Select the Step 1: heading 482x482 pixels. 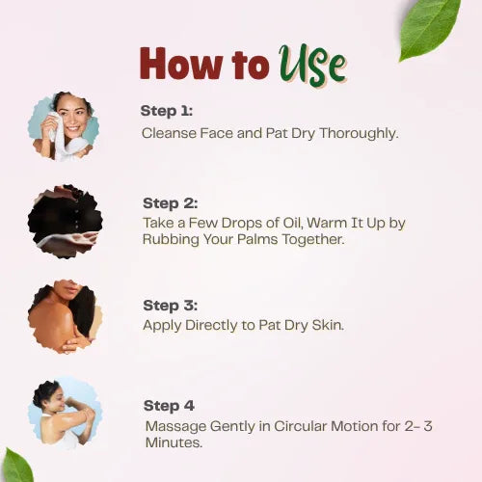point(167,111)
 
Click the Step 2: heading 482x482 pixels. point(171,203)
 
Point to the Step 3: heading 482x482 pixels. point(171,306)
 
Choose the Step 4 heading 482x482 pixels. point(169,406)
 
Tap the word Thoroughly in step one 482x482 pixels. point(359,134)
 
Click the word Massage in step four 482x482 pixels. point(176,427)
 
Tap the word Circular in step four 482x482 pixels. point(300,426)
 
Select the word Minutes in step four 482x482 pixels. point(174,442)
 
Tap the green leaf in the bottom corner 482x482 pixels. point(16,466)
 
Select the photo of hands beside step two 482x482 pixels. point(66,222)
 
